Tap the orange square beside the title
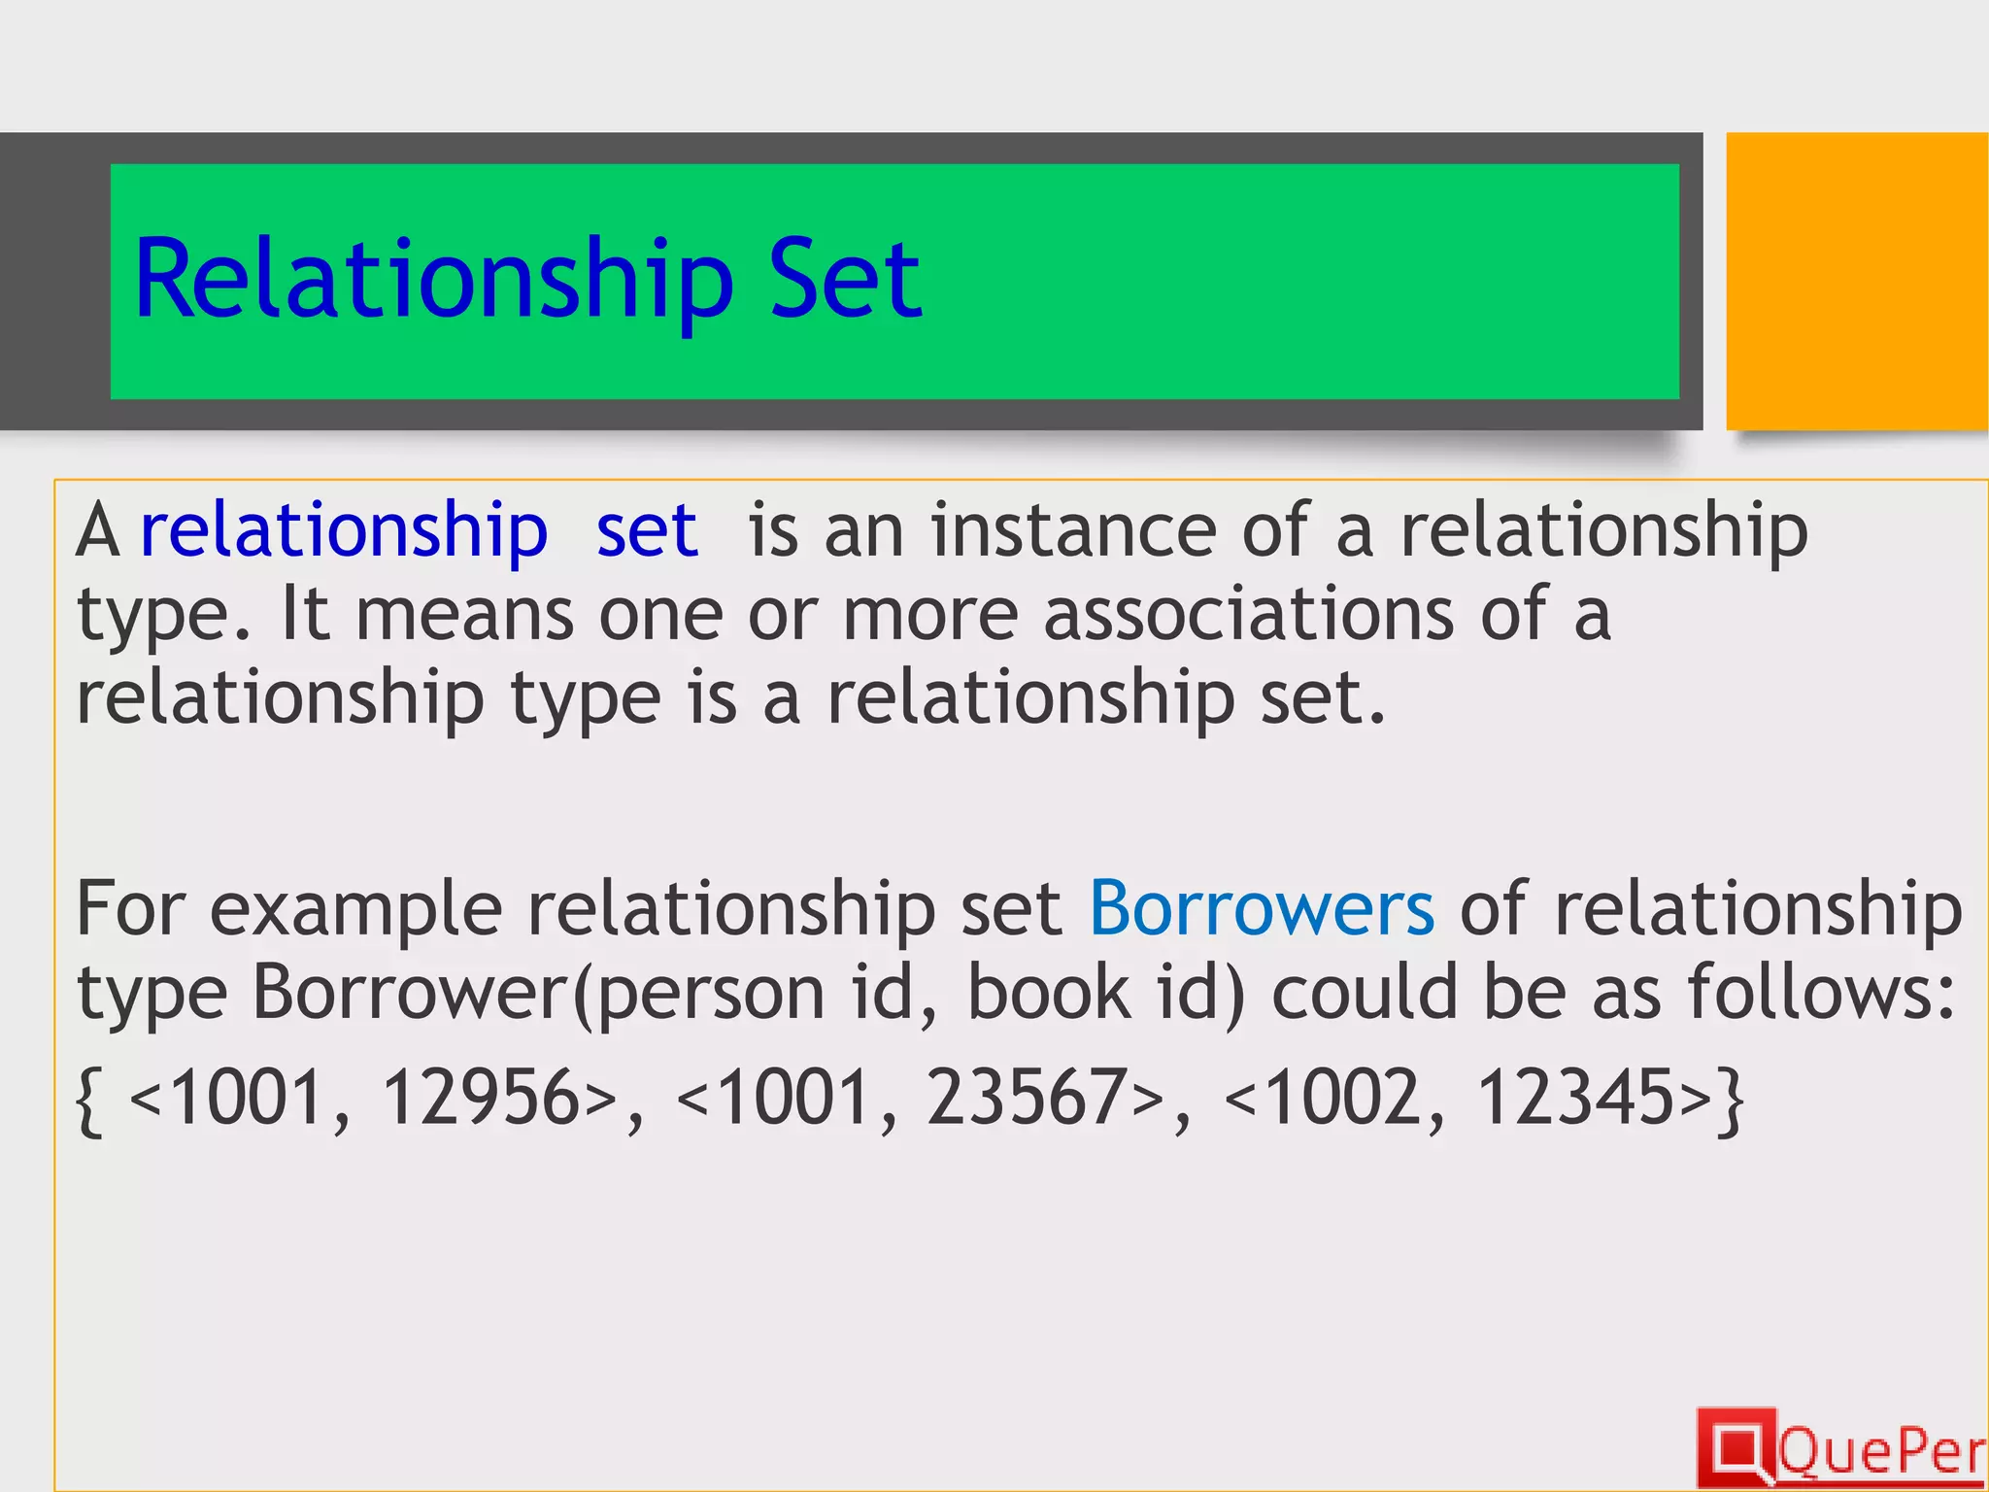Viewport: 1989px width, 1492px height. pyautogui.click(x=1856, y=281)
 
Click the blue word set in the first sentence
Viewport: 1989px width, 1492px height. pyautogui.click(x=647, y=531)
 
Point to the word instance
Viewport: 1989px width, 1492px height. pyautogui.click(x=1073, y=531)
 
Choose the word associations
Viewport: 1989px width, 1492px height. pyautogui.click(x=1248, y=615)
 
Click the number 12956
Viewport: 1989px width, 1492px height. pyautogui.click(x=483, y=1098)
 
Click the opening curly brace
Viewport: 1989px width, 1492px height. pyautogui.click(x=89, y=1102)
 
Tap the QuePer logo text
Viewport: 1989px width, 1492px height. pyautogui.click(x=1881, y=1452)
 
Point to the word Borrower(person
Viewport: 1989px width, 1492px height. pyautogui.click(x=538, y=994)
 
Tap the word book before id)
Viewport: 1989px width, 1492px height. pyautogui.click(x=1050, y=992)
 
